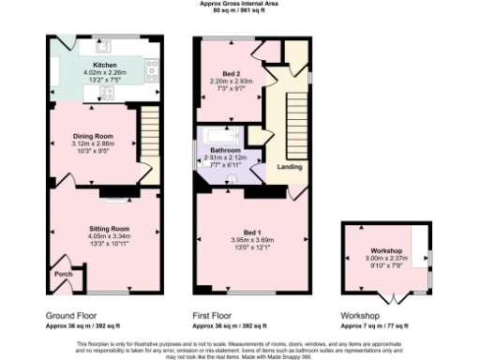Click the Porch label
click(64, 275)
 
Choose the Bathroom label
click(226, 151)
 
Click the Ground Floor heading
click(72, 315)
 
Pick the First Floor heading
click(216, 315)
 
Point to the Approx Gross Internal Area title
click(240, 4)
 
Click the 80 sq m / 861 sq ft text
click(240, 11)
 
